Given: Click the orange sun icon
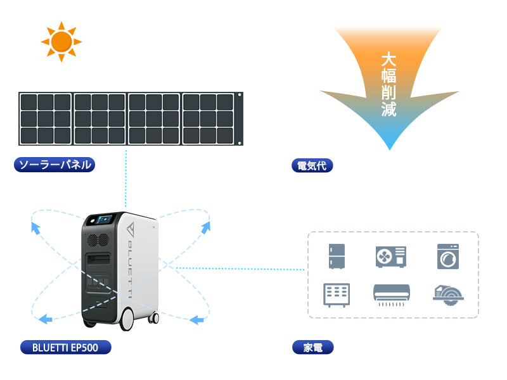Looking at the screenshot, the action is pyautogui.click(x=61, y=42).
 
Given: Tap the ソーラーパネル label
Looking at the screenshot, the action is pyautogui.click(x=55, y=165).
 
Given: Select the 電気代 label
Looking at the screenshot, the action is pyautogui.click(x=312, y=165).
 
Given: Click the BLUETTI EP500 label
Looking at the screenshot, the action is pyautogui.click(x=66, y=347).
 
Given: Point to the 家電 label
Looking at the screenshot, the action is pyautogui.click(x=312, y=347).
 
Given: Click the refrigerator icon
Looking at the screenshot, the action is pyautogui.click(x=337, y=256).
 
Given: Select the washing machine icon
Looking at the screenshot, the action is pyautogui.click(x=448, y=256).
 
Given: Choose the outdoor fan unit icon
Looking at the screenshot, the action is pyautogui.click(x=391, y=257).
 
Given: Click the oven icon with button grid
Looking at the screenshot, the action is pyautogui.click(x=337, y=295).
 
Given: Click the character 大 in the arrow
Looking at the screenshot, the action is pyautogui.click(x=388, y=60).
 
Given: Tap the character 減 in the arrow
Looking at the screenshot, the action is pyautogui.click(x=388, y=109).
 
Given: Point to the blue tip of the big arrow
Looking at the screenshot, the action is pyautogui.click(x=390, y=150).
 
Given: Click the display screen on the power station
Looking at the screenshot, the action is pyautogui.click(x=105, y=220).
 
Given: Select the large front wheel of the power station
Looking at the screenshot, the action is pyautogui.click(x=127, y=319).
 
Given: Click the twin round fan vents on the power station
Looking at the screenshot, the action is pyautogui.click(x=98, y=240).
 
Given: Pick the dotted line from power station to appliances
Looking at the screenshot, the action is pyautogui.click(x=240, y=269).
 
